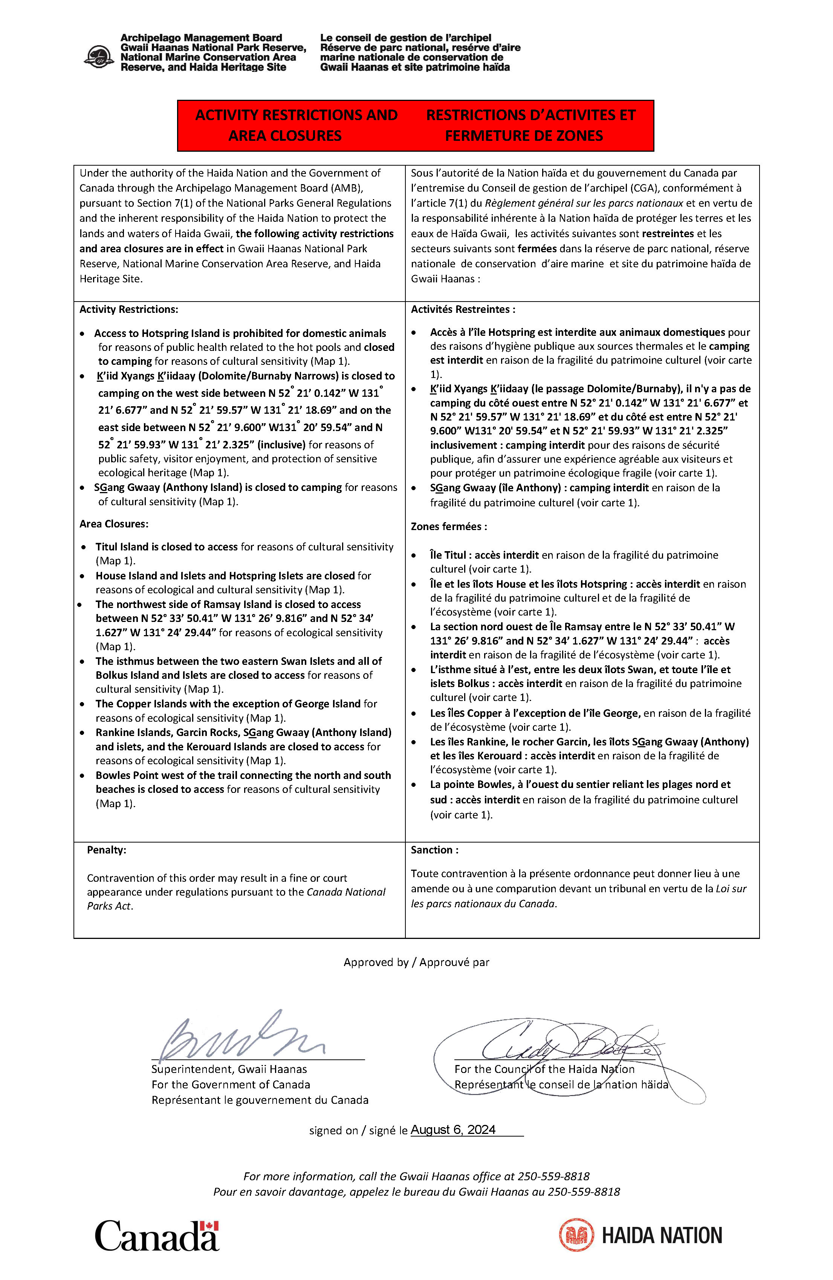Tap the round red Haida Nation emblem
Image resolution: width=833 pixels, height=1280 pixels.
click(x=576, y=1235)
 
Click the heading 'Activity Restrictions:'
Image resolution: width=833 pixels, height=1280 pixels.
click(x=128, y=309)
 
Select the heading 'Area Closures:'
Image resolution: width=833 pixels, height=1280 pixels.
click(x=114, y=524)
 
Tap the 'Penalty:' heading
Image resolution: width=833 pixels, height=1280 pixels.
click(x=107, y=850)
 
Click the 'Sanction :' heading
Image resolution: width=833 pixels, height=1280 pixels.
click(x=434, y=850)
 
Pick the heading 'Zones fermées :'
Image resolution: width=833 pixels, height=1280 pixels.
click(x=449, y=527)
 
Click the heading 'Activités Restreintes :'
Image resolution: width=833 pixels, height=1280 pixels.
click(x=463, y=309)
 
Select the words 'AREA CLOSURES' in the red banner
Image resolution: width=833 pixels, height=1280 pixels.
click(x=285, y=136)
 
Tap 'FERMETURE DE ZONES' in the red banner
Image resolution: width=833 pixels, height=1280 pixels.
click(x=524, y=136)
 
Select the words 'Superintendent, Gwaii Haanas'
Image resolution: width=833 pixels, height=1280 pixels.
click(x=229, y=1069)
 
